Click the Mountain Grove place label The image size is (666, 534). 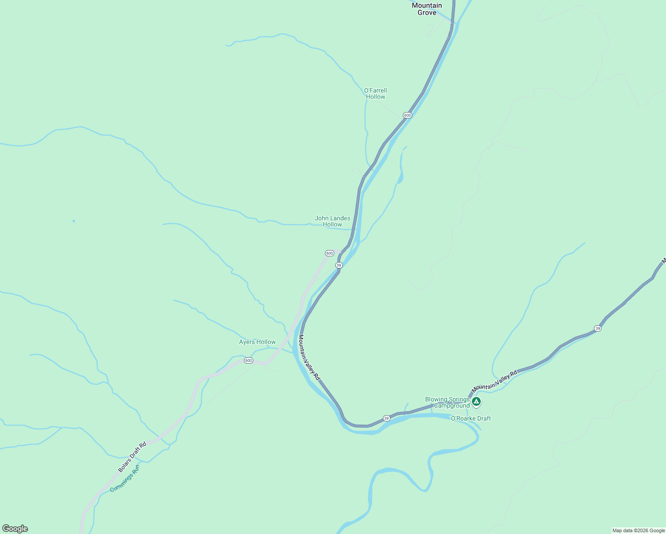pos(426,9)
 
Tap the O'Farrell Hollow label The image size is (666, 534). pos(375,93)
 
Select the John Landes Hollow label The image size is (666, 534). pos(332,221)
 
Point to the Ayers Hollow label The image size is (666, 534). pos(257,342)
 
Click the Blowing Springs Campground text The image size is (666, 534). pos(447,402)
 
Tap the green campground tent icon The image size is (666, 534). pos(476,402)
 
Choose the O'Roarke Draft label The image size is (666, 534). pos(471,418)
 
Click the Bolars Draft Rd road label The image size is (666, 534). pos(132,457)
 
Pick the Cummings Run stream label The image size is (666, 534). pos(125,478)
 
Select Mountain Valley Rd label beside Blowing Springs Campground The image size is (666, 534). pos(494,381)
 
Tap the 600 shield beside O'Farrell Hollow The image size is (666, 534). pos(407,115)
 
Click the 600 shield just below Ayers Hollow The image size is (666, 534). pos(248,360)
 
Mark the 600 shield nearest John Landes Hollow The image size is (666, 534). pos(329,253)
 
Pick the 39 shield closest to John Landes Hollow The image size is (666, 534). pos(339,265)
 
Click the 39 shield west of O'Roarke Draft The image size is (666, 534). pos(386,418)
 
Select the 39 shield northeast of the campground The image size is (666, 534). pos(597,328)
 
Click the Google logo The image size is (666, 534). pos(15,529)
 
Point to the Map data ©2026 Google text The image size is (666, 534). pos(638,530)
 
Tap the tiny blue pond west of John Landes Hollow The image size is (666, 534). pos(73,221)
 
